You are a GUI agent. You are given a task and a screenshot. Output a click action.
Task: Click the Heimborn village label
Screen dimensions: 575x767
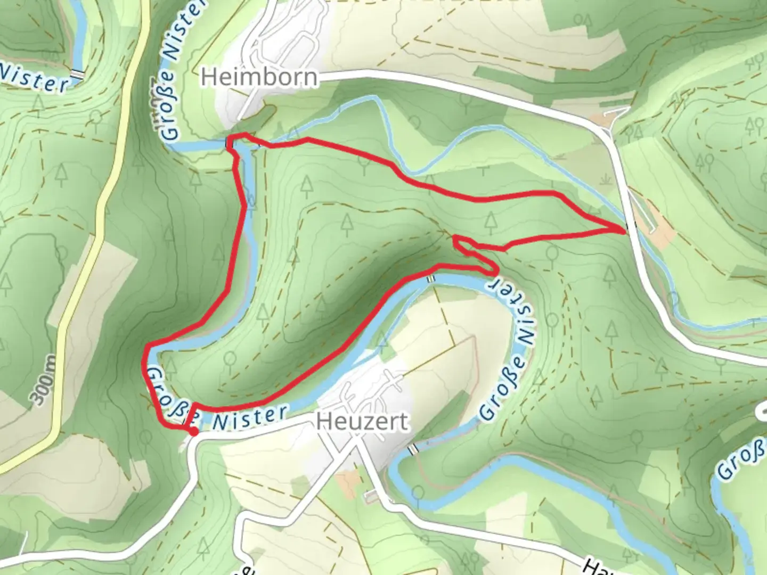click(259, 78)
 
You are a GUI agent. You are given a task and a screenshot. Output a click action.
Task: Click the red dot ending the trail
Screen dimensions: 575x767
click(193, 432)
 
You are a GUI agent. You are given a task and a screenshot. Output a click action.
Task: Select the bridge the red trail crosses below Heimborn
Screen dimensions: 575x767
click(230, 143)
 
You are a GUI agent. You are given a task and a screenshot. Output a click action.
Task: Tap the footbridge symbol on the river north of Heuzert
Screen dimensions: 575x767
click(430, 278)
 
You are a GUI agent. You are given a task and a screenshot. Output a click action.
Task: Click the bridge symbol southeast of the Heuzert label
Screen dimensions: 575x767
click(412, 450)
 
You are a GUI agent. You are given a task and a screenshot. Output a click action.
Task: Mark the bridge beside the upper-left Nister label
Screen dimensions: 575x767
click(78, 75)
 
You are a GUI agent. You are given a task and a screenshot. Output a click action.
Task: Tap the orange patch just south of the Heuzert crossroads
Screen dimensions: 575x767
click(349, 481)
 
